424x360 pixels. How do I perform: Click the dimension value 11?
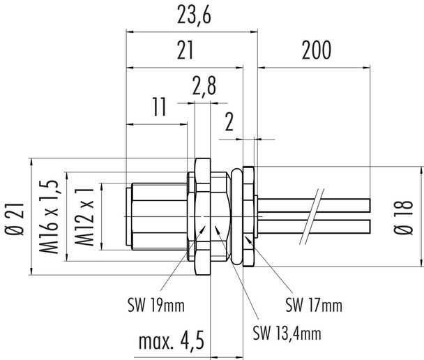click(x=158, y=107)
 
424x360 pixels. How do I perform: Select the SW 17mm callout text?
click(x=314, y=305)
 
